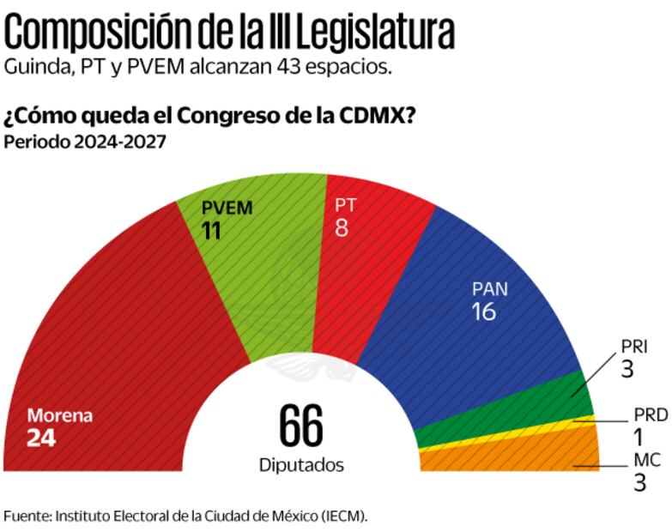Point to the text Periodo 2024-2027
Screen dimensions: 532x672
point(84,142)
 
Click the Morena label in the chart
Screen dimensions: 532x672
point(59,416)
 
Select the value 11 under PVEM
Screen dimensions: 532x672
point(212,230)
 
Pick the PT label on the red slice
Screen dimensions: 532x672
point(345,207)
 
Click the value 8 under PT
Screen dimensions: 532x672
point(341,229)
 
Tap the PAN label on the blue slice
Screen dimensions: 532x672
point(489,288)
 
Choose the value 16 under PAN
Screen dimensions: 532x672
point(484,311)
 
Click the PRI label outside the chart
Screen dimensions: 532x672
point(633,348)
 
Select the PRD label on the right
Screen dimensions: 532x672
point(651,415)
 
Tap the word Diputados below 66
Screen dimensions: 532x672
point(301,465)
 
